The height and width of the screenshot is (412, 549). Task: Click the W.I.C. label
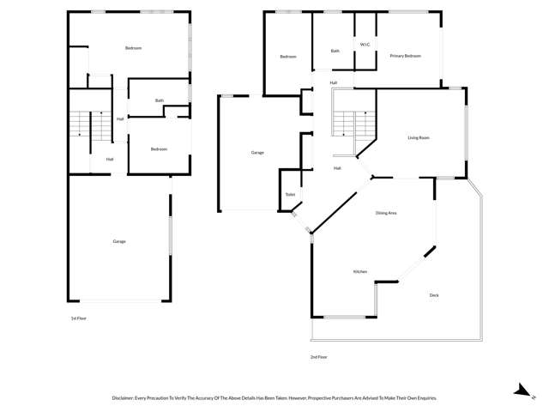(x=365, y=44)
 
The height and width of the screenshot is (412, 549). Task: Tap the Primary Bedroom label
(x=406, y=56)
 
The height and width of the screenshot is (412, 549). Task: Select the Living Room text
(x=418, y=137)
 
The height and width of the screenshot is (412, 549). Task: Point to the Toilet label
(x=290, y=195)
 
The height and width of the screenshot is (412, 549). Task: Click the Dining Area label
(x=385, y=213)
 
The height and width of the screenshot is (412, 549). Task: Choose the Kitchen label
(x=360, y=272)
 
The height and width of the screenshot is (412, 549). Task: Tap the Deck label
(x=434, y=295)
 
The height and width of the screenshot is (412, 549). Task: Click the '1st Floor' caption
(x=79, y=318)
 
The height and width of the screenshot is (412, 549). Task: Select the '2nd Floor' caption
(x=319, y=356)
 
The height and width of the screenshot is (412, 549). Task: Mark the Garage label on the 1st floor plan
(x=119, y=241)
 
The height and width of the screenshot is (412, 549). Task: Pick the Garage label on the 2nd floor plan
(x=257, y=153)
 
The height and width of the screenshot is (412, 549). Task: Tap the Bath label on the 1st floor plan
(x=160, y=100)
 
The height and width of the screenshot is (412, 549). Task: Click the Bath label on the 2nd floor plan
(x=335, y=51)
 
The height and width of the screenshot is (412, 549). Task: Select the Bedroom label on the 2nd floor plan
(x=287, y=57)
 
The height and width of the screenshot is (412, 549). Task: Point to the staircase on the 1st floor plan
(x=90, y=126)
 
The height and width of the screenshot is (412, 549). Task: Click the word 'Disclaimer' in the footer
(x=125, y=398)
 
